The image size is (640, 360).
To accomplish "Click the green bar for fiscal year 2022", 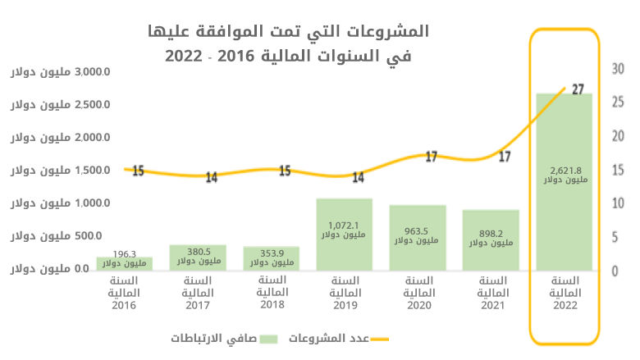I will [x=564, y=221].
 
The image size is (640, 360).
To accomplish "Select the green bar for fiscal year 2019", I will [x=344, y=246].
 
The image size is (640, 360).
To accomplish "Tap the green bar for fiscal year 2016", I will [x=124, y=263].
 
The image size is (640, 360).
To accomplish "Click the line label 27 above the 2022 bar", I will [x=577, y=89].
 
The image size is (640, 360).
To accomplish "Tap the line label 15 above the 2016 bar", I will [x=137, y=171].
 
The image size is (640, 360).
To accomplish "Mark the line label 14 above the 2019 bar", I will [x=358, y=177].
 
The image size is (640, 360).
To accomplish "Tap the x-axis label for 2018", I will [x=271, y=293].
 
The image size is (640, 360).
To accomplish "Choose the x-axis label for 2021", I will [x=490, y=293].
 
